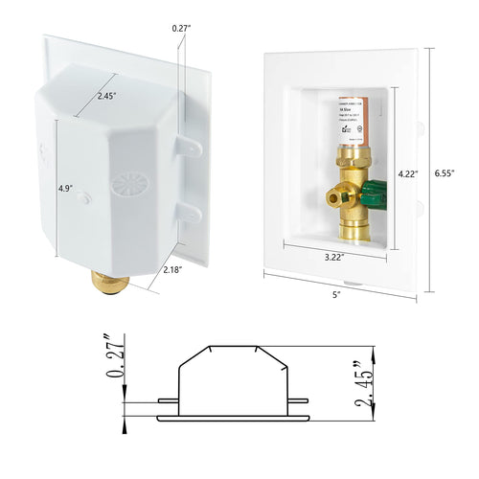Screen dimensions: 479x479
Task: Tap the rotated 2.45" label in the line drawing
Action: pyautogui.click(x=362, y=381)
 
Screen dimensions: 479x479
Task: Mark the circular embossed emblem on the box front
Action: pyautogui.click(x=125, y=184)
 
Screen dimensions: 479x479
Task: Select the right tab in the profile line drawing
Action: pyautogui.click(x=298, y=401)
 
